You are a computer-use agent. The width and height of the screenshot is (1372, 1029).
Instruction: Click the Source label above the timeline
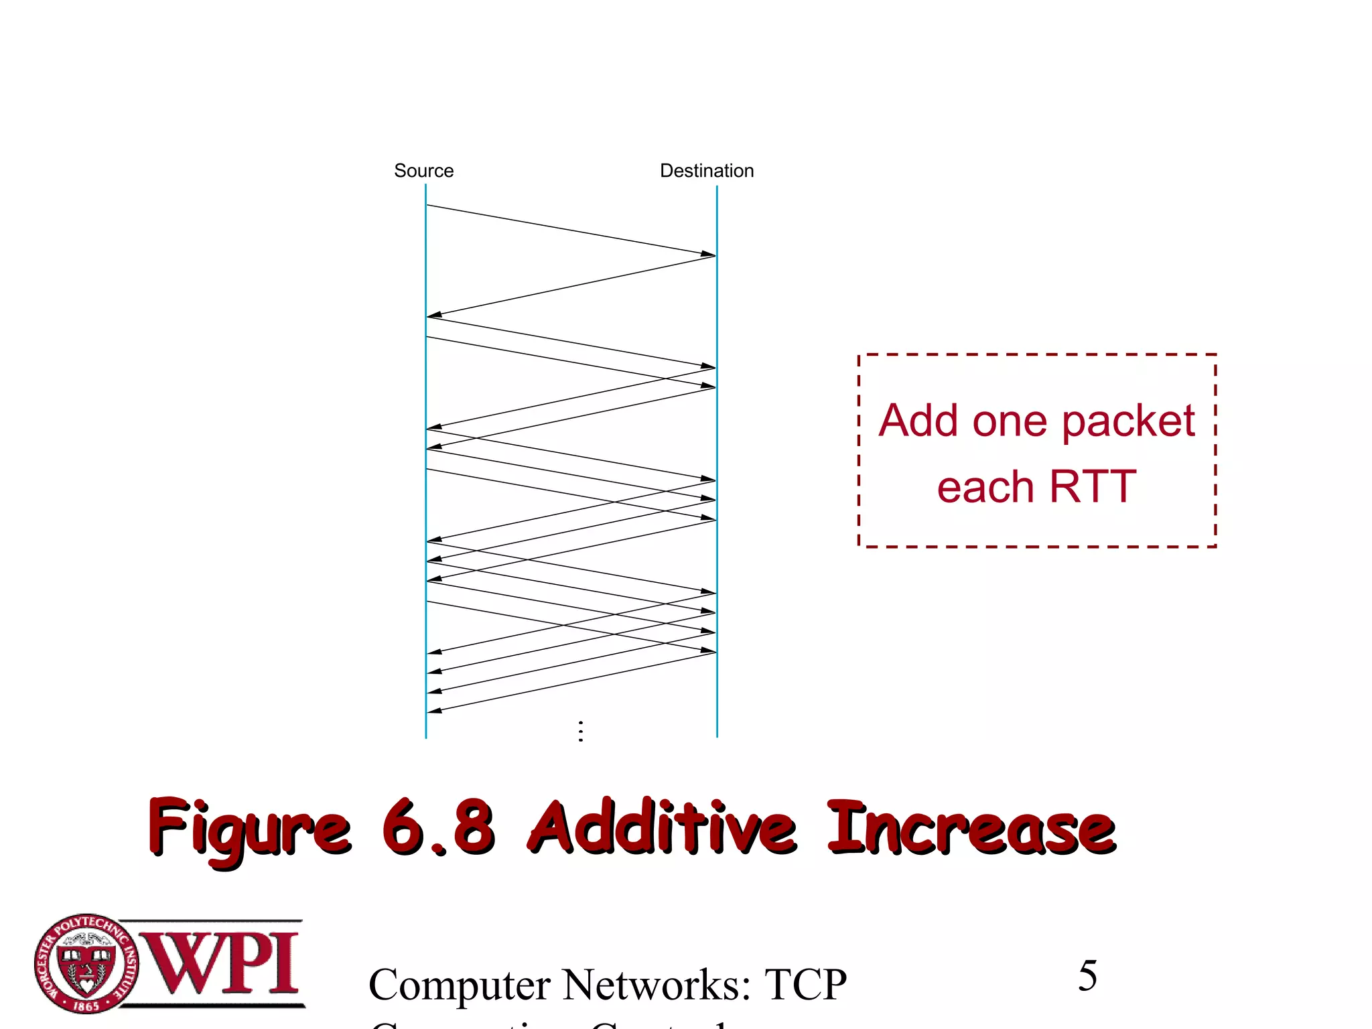point(423,171)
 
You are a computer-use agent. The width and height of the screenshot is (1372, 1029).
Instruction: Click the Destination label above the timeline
point(707,171)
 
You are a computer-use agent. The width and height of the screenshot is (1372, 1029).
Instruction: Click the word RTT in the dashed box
point(1093,486)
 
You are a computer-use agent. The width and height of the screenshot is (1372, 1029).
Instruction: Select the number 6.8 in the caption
point(439,828)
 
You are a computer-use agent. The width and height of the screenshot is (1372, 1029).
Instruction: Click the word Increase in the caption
point(971,828)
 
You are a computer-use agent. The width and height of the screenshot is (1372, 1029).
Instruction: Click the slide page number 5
point(1087,975)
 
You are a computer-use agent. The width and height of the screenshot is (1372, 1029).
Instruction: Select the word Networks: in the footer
point(657,985)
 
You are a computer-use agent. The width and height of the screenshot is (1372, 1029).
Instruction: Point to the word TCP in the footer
point(806,985)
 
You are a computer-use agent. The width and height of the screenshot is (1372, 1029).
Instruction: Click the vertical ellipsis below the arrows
point(581,731)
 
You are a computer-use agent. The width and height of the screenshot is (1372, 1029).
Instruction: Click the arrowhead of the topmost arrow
point(709,254)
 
